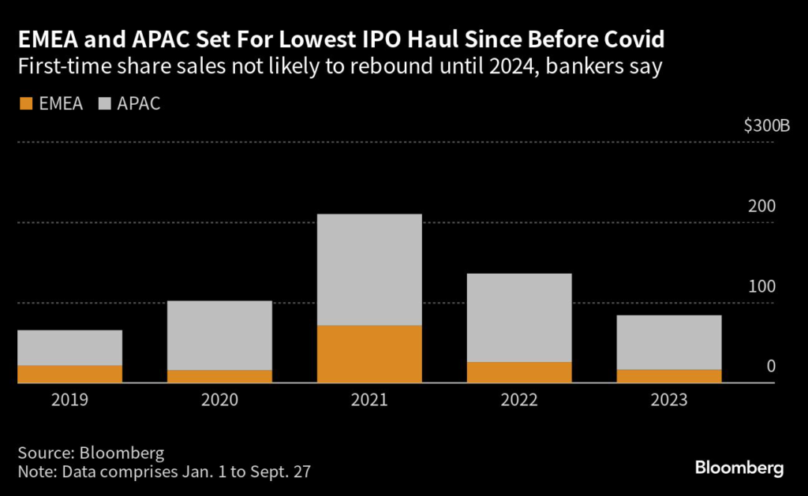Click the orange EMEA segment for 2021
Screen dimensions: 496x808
click(x=369, y=354)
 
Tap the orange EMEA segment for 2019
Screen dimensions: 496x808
click(x=70, y=374)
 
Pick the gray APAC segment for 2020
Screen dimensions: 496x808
click(x=219, y=335)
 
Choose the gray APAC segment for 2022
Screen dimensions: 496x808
click(x=519, y=318)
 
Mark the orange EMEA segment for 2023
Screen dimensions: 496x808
click(x=668, y=376)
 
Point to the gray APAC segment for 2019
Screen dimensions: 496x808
click(x=70, y=348)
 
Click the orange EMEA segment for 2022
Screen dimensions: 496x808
click(x=519, y=372)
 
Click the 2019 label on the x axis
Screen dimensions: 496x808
click(x=70, y=401)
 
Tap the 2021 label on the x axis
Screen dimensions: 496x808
click(x=369, y=401)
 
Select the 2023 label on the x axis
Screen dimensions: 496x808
click(x=668, y=401)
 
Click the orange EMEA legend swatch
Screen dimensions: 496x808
click(x=25, y=103)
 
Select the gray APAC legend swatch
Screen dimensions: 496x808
click(x=103, y=103)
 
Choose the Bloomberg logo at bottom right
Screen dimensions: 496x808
click(x=739, y=468)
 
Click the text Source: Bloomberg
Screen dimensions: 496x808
click(x=91, y=453)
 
